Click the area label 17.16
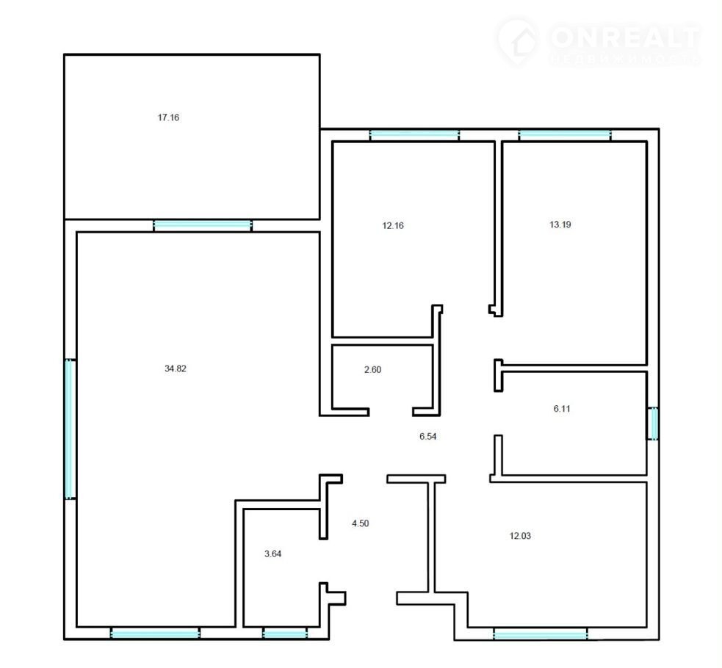click(x=168, y=117)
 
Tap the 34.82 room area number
click(x=176, y=369)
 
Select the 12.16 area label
click(x=393, y=225)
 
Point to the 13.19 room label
click(x=560, y=225)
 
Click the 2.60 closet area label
click(x=372, y=369)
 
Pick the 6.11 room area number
click(x=562, y=409)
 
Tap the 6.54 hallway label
click(x=427, y=436)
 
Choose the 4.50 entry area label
click(x=360, y=523)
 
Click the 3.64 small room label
click(x=272, y=554)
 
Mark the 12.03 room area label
click(x=520, y=536)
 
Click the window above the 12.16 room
click(x=414, y=135)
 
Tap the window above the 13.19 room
click(x=565, y=135)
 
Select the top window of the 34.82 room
click(x=203, y=225)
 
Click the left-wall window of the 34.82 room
click(x=70, y=429)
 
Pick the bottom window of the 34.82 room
click(x=155, y=633)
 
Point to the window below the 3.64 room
click(x=285, y=633)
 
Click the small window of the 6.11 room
click(x=653, y=424)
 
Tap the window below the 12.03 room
click(x=541, y=634)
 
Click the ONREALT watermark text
click(x=625, y=37)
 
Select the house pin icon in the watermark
click(x=519, y=41)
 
